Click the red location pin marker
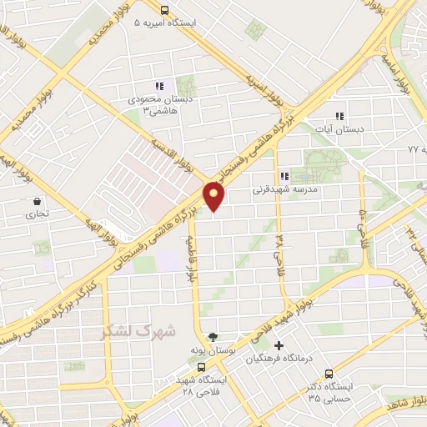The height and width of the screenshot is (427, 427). point(214,196)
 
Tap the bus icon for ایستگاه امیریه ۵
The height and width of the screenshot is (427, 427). point(164,11)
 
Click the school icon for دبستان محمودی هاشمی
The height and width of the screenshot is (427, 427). point(158,86)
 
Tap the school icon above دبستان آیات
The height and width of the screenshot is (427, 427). point(339,116)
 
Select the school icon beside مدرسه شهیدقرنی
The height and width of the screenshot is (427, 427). point(285,176)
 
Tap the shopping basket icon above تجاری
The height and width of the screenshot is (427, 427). point(37,201)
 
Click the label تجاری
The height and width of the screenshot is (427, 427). point(37,213)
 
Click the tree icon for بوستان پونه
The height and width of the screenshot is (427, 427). point(213,337)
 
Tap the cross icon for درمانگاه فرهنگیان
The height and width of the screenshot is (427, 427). point(279,345)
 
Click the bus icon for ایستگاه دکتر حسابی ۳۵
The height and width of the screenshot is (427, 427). point(328,374)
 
